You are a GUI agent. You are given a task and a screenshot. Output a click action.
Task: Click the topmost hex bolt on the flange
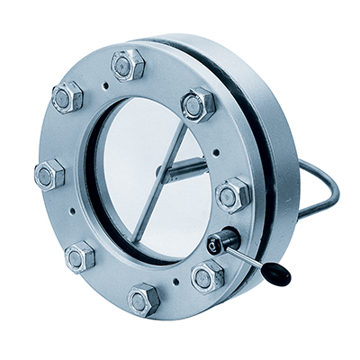click(128, 65)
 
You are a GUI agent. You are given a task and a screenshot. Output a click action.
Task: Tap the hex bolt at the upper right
click(198, 104)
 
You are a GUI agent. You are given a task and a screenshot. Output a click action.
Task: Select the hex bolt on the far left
click(49, 174)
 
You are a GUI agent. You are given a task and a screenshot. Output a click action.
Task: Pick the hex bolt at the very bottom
click(144, 298)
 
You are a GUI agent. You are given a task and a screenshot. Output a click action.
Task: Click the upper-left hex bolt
click(67, 97)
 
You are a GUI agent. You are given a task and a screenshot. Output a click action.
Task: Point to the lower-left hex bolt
click(80, 256)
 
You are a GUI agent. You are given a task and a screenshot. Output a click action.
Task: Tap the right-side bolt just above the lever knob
click(233, 193)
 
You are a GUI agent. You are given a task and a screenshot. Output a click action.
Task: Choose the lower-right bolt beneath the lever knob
click(208, 274)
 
